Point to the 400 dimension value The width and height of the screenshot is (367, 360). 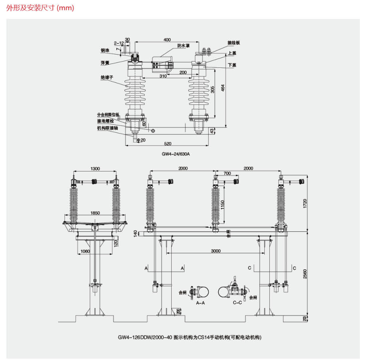coord(167,40)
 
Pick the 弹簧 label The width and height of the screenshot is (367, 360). coord(104,63)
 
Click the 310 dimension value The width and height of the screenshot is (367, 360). coord(163,76)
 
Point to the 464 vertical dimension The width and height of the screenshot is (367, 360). coord(223,89)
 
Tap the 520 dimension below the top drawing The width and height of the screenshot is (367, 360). coord(167,144)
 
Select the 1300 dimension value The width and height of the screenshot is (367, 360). coord(95,169)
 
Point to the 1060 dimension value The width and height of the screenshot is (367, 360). coord(85,251)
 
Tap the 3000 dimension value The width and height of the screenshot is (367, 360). coord(216,251)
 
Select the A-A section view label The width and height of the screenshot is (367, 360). coord(200,303)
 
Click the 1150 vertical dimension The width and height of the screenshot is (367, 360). coord(223,205)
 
